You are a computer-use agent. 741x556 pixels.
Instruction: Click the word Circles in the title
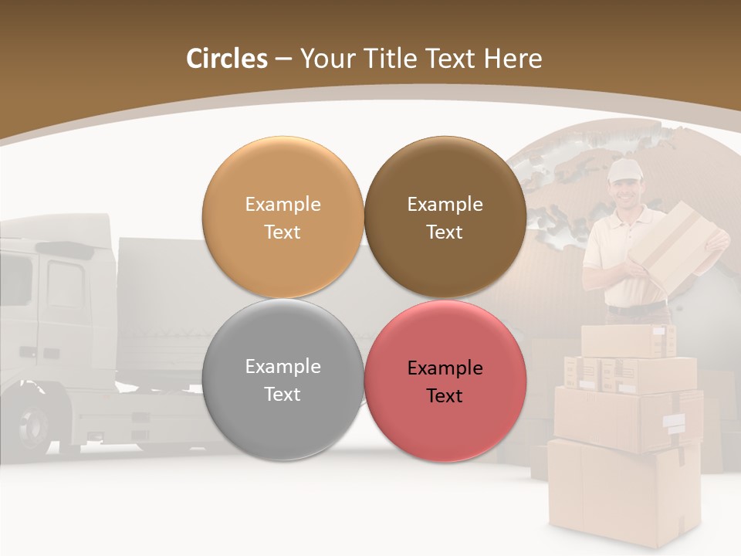(x=226, y=59)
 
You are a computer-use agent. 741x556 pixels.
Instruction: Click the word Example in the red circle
(x=445, y=368)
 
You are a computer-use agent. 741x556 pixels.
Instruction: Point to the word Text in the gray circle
(x=283, y=394)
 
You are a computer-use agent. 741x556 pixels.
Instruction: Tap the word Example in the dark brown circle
(x=445, y=205)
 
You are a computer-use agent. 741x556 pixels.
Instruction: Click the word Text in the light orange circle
(x=283, y=232)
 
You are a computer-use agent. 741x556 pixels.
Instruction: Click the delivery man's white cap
(x=624, y=170)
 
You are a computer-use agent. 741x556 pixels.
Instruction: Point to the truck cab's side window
(x=65, y=283)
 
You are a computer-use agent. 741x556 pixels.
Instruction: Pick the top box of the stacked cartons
(x=627, y=341)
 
